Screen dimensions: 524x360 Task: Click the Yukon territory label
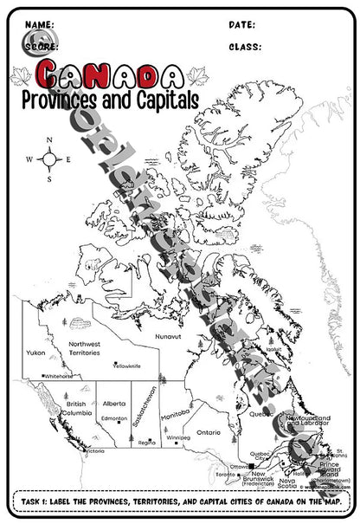35,353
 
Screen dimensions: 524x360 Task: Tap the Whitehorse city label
59,377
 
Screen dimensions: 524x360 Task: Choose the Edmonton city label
114,420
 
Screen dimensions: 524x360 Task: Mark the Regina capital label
147,443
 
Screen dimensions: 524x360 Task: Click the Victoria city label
93,451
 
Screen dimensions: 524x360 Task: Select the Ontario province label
208,431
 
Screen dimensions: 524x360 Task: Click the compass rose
48,159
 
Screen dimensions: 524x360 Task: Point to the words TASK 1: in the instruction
42,501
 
